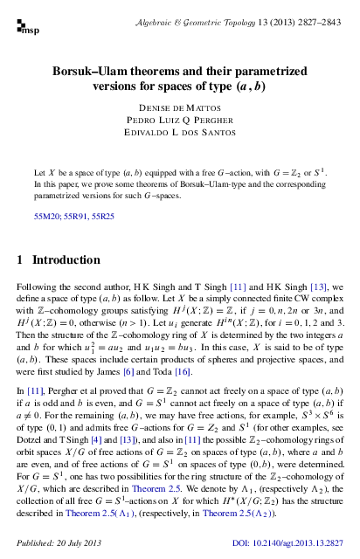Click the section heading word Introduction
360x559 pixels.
66,260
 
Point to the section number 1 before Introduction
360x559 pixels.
21,260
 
